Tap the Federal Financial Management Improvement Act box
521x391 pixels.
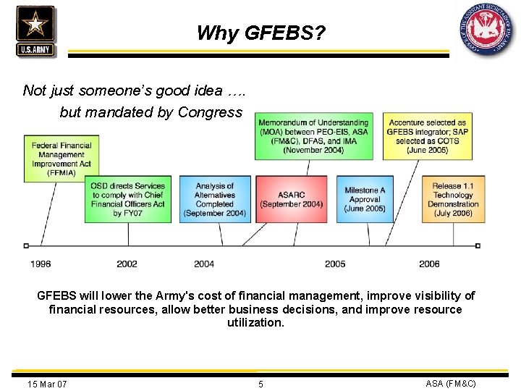[x=62, y=159]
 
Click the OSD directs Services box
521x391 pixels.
[x=128, y=199]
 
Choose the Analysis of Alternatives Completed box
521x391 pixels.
[x=215, y=199]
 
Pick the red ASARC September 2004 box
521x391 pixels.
[x=291, y=199]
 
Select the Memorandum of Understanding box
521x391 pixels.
[x=313, y=136]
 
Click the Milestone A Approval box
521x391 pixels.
[x=365, y=199]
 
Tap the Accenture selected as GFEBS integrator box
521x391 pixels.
[x=427, y=136]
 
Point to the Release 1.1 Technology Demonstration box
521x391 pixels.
[x=453, y=199]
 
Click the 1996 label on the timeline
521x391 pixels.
[x=41, y=264]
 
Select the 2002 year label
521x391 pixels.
[x=127, y=264]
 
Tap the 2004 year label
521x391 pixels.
[x=204, y=264]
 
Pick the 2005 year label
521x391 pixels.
[x=335, y=264]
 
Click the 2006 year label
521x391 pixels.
[x=429, y=264]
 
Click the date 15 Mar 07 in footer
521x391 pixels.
[x=47, y=384]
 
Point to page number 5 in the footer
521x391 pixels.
[x=261, y=384]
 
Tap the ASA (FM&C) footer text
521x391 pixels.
[x=451, y=383]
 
